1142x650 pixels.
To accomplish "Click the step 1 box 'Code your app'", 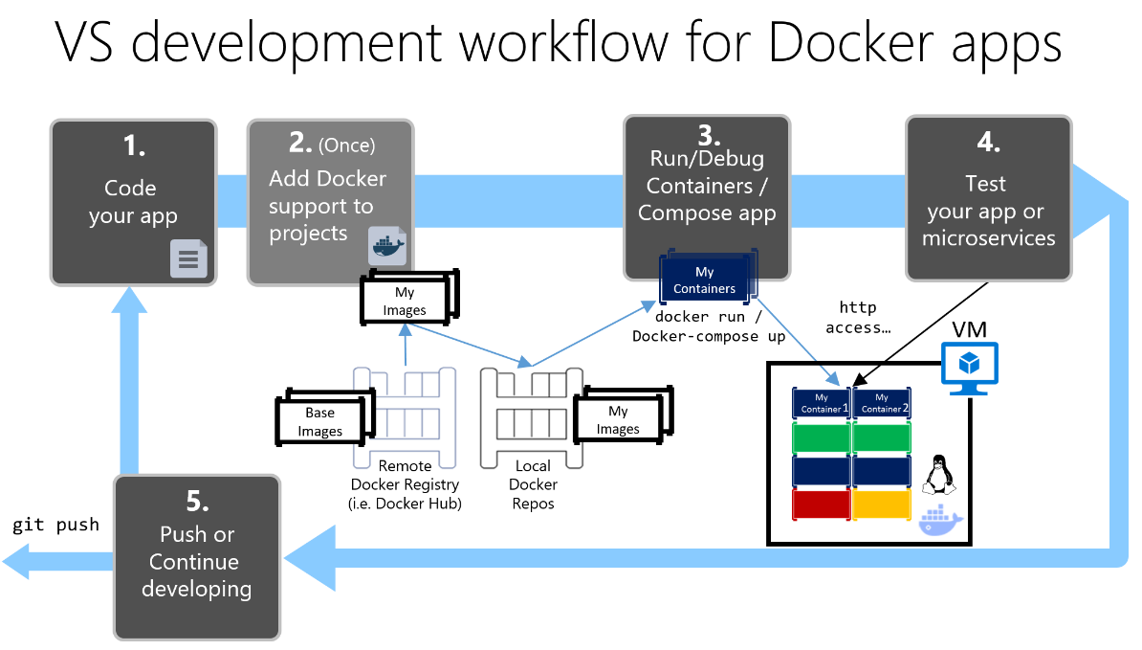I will click(x=133, y=201).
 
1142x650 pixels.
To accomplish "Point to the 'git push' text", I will click(x=55, y=525).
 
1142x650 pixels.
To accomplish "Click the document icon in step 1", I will click(x=188, y=258).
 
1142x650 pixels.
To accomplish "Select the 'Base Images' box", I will click(x=319, y=422).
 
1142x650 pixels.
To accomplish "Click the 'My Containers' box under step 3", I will click(x=705, y=280).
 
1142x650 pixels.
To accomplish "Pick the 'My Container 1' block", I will click(x=822, y=403).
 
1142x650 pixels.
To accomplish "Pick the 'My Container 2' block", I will click(x=881, y=403).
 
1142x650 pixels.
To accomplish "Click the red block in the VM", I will click(x=822, y=504).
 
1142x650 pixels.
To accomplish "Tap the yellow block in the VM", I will click(x=881, y=504).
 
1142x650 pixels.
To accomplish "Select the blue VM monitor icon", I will click(x=970, y=367).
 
